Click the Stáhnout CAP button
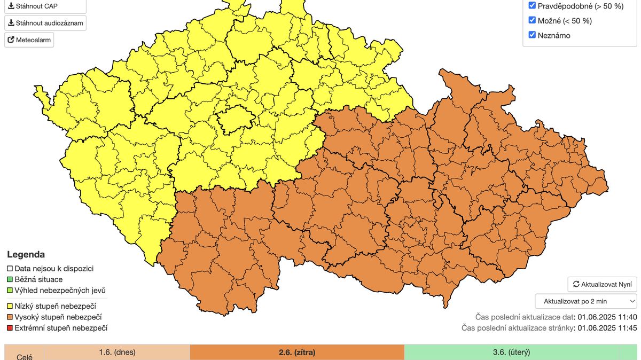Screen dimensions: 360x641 pos(45,6)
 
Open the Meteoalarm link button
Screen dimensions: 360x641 pos(29,40)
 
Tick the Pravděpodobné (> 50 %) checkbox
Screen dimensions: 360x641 pos(532,5)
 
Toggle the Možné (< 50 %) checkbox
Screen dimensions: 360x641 pos(532,20)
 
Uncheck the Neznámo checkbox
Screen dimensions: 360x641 pos(532,35)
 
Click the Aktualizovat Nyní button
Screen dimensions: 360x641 pos(602,284)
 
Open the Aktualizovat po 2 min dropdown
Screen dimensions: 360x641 pos(585,301)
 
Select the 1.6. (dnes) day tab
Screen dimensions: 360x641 pos(117,352)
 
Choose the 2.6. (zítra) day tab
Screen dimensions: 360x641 pos(297,352)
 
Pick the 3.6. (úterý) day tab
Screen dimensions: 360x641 pos(511,352)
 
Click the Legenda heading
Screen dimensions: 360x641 pos(26,255)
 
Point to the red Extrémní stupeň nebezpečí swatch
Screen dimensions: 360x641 pos(10,328)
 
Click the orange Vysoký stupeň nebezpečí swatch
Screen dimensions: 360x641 pos(10,317)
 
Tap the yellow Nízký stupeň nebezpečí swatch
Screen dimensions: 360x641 pos(10,306)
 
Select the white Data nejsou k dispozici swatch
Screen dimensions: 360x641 pos(10,269)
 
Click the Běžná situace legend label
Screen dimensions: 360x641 pos(38,279)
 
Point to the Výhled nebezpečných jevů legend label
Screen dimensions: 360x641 pos(56,290)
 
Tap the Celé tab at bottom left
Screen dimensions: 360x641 pos(24,356)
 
